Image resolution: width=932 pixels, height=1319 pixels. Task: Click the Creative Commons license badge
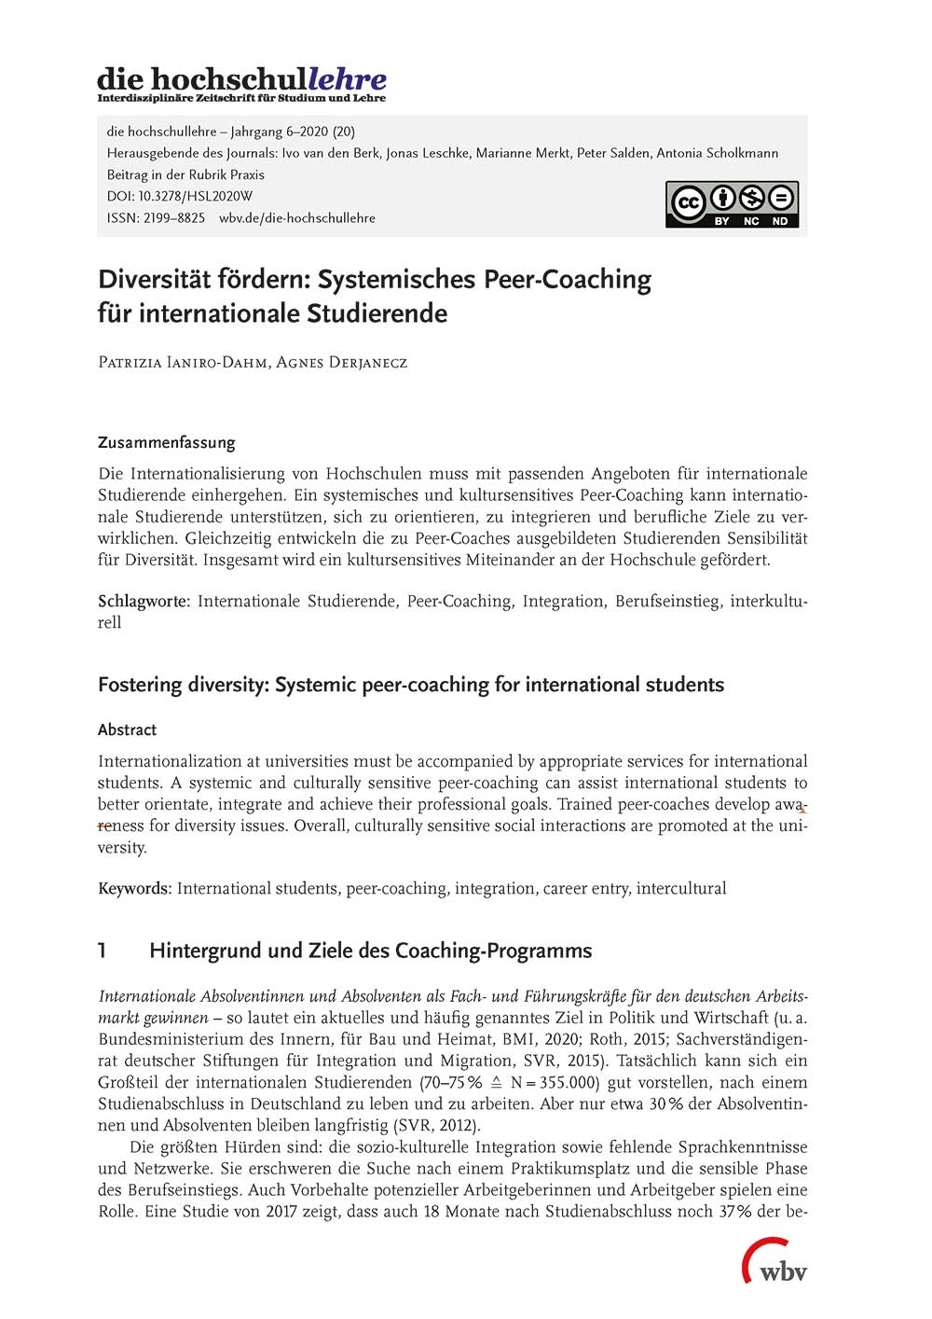(732, 204)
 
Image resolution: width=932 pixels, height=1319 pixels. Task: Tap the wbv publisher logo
(774, 1263)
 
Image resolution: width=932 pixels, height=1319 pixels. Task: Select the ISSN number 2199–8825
(173, 217)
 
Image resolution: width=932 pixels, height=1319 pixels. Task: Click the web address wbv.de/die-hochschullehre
(297, 217)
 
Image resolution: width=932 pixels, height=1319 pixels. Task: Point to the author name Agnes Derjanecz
(342, 362)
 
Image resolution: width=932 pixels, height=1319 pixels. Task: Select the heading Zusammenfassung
(166, 442)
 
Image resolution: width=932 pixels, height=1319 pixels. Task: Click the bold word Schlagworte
(144, 601)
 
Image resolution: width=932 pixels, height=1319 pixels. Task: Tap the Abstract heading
(127, 729)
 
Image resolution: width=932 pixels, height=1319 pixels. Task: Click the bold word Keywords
(134, 888)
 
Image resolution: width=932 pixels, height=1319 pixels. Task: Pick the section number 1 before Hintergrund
(103, 951)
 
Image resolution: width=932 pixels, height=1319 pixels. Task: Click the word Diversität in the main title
(154, 279)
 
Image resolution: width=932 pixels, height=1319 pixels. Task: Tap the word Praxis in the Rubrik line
(247, 174)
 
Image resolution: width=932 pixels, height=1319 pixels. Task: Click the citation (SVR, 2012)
(437, 1125)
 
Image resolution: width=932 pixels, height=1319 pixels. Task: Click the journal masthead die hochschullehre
(241, 79)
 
